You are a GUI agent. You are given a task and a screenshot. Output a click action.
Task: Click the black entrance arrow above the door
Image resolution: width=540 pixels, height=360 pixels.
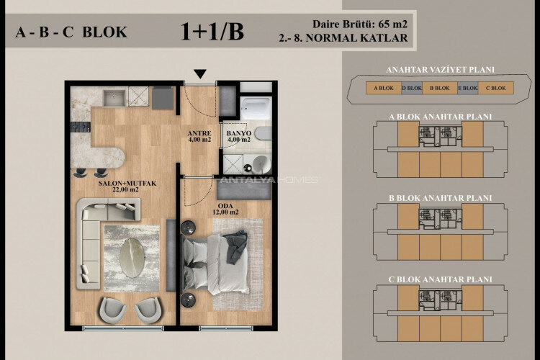coord(200,73)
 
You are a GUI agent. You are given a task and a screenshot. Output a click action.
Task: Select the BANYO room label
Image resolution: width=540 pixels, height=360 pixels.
coord(238,132)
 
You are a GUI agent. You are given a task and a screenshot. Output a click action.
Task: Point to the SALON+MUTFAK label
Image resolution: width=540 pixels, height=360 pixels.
coord(127,184)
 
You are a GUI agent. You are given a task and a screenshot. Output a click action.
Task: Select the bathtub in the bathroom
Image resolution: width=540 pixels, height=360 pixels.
coord(255,108)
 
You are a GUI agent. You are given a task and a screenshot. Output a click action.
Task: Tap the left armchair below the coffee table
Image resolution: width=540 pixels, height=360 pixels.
coord(112,310)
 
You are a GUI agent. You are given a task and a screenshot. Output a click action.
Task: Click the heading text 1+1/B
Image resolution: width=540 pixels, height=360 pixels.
coord(213,31)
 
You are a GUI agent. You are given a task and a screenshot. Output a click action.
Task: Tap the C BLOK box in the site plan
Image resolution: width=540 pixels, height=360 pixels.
coord(495,89)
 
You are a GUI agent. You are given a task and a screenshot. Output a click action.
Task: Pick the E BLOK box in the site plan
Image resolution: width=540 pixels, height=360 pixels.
coord(467,89)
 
